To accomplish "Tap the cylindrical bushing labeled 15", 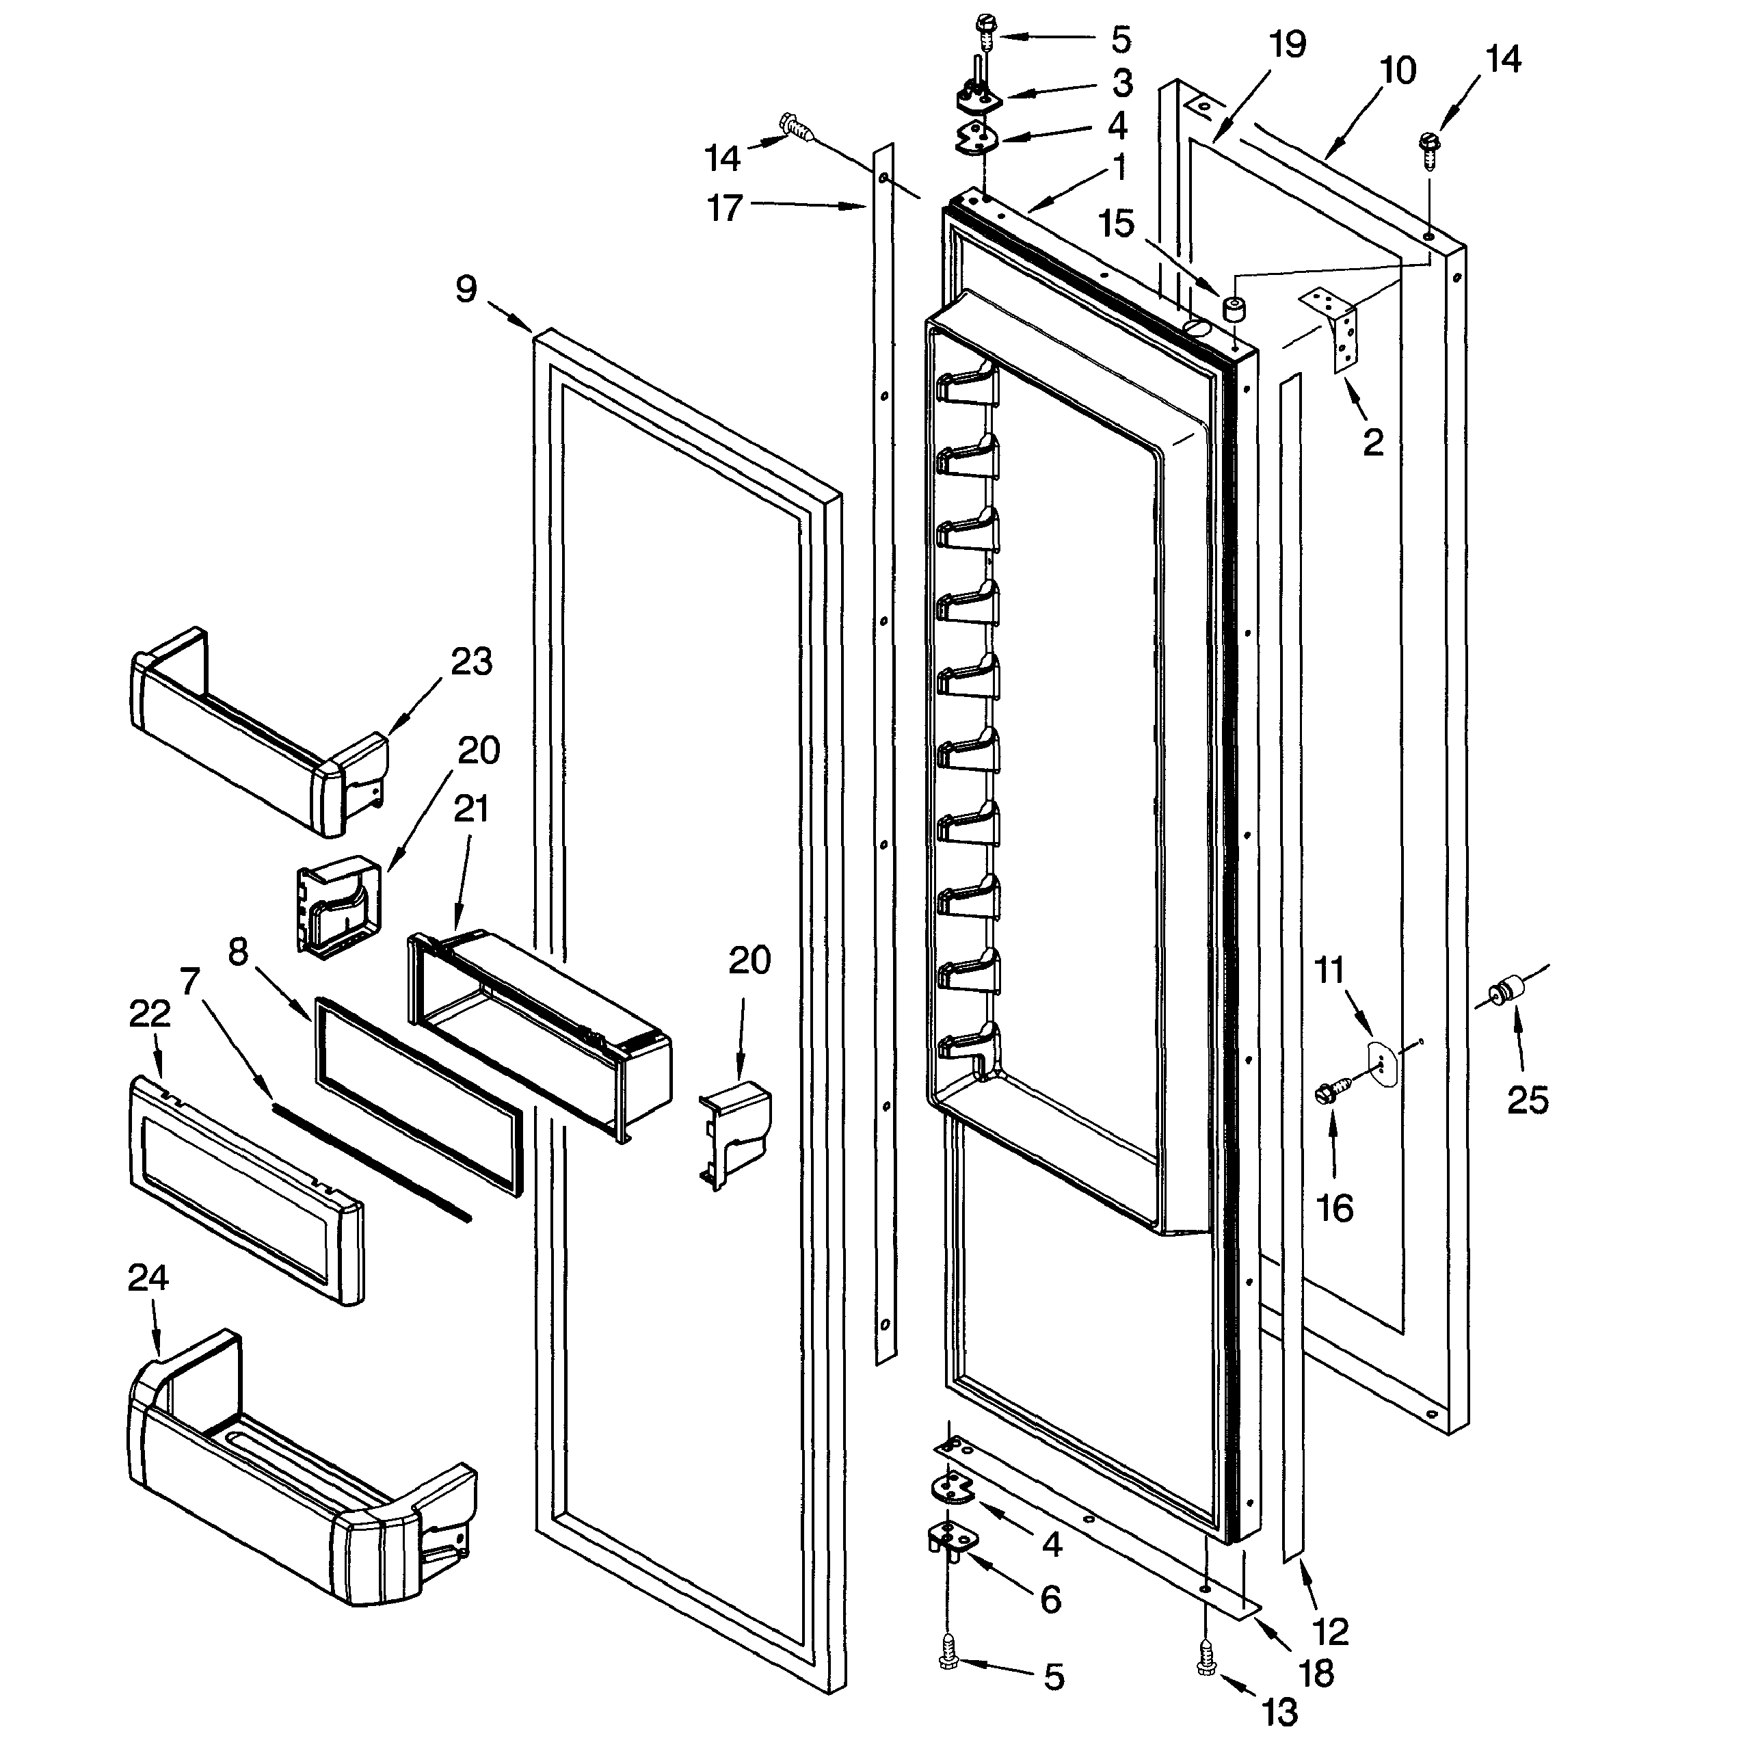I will click(1234, 310).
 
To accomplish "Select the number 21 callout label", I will click(470, 808).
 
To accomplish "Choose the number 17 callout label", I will click(724, 208).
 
